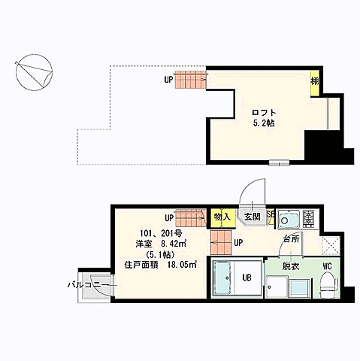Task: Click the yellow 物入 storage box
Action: tap(222, 217)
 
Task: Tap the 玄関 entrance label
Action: tap(251, 217)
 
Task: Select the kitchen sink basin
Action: tap(287, 220)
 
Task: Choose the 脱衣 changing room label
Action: tap(292, 266)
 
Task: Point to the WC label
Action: tap(328, 266)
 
